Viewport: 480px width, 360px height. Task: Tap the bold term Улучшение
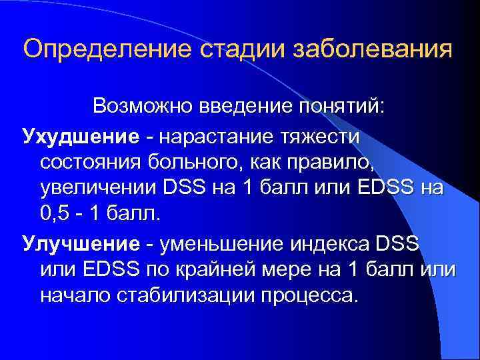pyautogui.click(x=75, y=244)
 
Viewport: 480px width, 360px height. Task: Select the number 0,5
pyautogui.click(x=55, y=215)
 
